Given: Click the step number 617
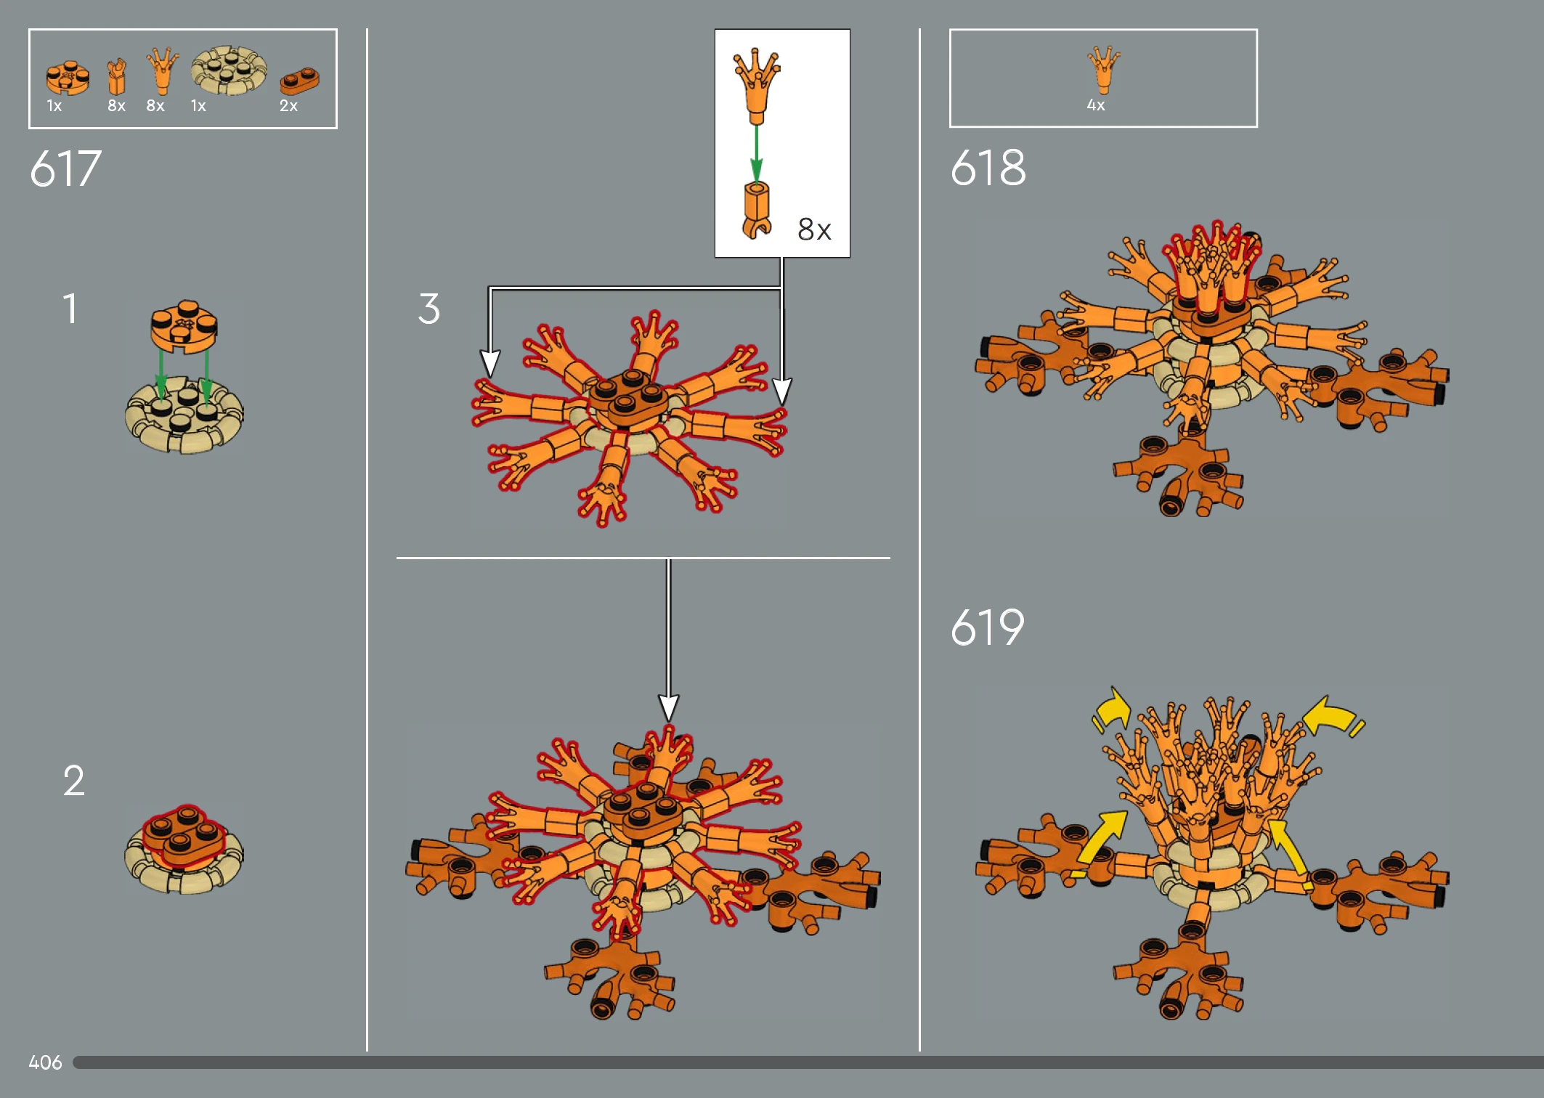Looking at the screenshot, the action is coord(65,168).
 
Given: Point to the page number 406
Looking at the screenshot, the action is coord(45,1062).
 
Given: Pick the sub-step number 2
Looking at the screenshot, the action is coord(73,781).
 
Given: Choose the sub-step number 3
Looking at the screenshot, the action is coord(429,309).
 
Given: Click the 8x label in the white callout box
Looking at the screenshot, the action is coord(814,229).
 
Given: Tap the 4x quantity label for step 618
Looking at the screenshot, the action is coord(1096,105).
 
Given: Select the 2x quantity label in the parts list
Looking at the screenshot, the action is coord(288,106).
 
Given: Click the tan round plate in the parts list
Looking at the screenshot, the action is coord(229,70).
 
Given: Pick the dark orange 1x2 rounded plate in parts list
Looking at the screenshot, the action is coord(299,81).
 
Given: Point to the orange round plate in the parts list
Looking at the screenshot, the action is coord(68,77).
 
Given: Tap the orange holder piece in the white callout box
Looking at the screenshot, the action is coord(756,210).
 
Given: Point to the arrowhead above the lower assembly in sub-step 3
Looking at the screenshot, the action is coord(668,708).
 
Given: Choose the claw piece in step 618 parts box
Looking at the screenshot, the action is coord(1103,70).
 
